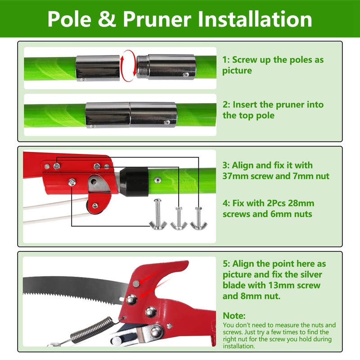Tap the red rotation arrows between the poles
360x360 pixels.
(x=128, y=66)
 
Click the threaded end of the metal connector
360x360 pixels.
(x=142, y=67)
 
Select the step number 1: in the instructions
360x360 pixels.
(x=226, y=60)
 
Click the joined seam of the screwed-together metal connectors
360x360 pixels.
(x=130, y=115)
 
